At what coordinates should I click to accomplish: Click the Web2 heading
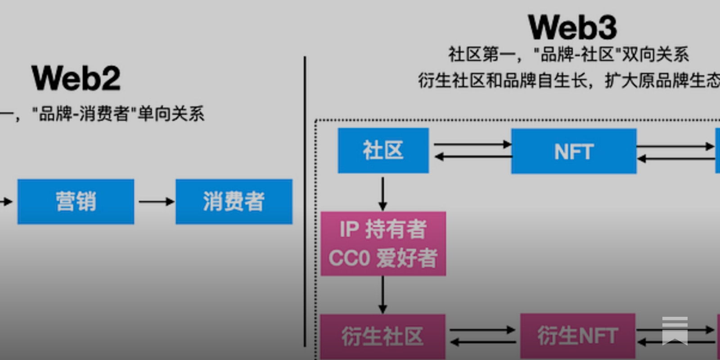76,78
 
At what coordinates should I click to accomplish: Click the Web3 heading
572,27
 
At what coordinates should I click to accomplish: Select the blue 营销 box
76,201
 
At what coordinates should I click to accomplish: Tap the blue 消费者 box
234,201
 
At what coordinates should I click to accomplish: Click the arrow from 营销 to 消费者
156,202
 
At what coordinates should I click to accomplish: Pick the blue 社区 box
383,150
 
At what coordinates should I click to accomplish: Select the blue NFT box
574,151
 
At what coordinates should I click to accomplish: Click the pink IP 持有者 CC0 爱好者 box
383,243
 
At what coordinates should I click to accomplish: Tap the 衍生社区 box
382,336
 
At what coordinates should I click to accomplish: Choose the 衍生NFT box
577,336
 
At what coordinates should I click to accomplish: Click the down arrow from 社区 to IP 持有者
382,193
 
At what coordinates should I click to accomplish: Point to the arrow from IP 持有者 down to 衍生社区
382,295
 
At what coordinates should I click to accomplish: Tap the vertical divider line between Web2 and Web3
305,202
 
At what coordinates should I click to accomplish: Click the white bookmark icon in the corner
675,331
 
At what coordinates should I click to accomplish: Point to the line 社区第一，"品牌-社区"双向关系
568,54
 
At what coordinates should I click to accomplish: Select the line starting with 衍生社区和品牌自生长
568,81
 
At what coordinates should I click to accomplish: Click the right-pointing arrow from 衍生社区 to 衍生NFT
482,330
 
